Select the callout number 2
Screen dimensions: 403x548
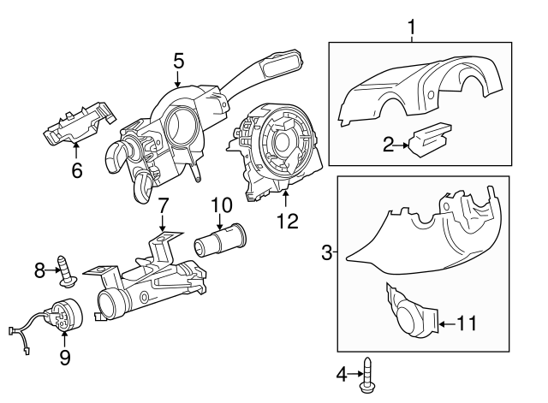point(389,145)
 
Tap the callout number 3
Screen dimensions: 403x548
point(326,252)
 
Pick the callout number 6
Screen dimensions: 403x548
point(76,171)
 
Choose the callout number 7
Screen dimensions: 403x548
point(163,205)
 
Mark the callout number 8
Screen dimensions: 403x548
point(39,271)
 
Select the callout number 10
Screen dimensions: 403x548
point(221,205)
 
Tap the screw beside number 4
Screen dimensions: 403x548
point(369,376)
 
